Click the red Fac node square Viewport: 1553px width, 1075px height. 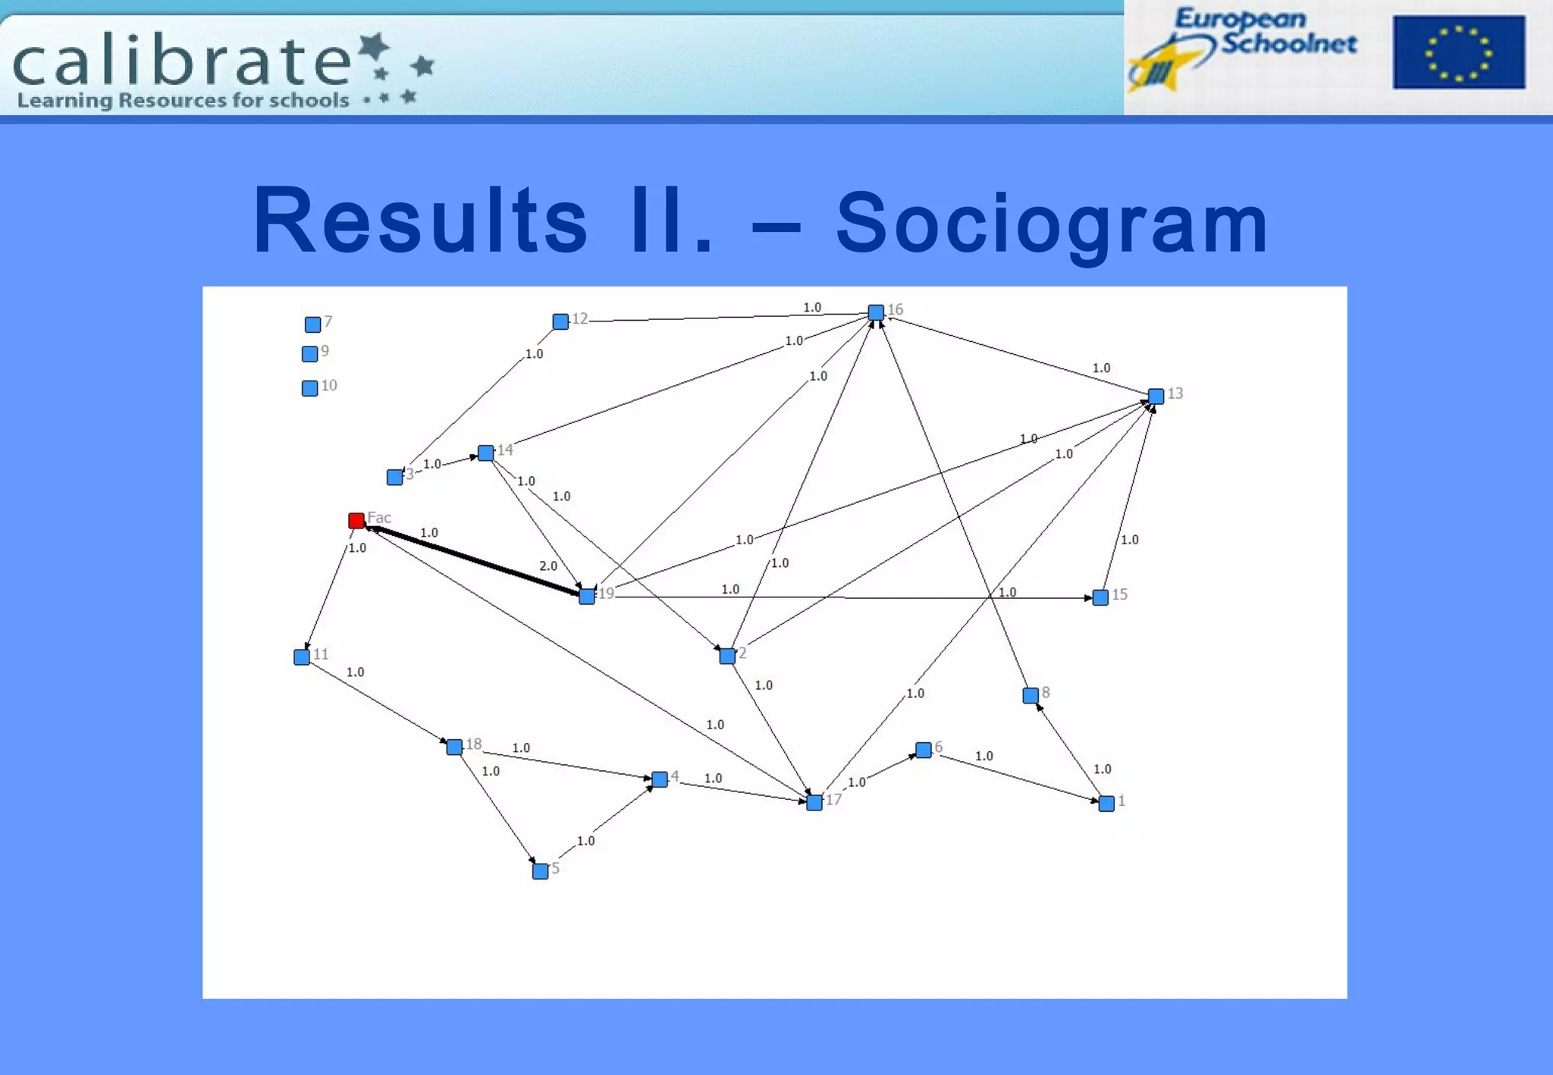(x=356, y=521)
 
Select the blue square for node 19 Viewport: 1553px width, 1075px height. (x=587, y=597)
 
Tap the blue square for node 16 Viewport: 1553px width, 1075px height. (x=876, y=312)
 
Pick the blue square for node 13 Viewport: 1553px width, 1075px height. (x=1156, y=396)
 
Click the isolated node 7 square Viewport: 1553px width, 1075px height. (x=312, y=325)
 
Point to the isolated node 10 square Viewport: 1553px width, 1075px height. (x=309, y=389)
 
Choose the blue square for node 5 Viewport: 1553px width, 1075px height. (x=540, y=871)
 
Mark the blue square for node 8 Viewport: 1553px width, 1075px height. (x=1031, y=695)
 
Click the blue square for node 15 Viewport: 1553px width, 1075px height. (x=1100, y=597)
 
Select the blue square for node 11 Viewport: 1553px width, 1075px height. (x=302, y=657)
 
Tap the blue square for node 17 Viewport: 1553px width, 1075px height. (x=814, y=802)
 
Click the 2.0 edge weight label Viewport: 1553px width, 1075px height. (x=548, y=566)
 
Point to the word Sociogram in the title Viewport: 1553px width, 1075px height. (x=1052, y=223)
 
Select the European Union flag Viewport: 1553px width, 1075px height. (x=1458, y=52)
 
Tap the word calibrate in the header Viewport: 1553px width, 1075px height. (x=182, y=61)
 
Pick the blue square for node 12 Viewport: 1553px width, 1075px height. (x=560, y=321)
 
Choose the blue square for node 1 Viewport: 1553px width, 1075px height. (x=1106, y=804)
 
